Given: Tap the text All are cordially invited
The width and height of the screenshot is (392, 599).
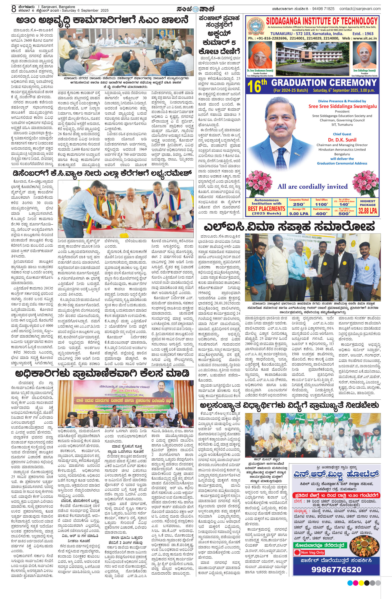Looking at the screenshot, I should click(313, 187).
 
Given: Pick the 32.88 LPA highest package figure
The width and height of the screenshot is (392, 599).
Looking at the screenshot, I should click(367, 211).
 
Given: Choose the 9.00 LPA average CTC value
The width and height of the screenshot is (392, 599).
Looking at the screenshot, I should click(299, 213).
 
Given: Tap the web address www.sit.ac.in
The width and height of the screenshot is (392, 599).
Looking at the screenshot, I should click(364, 38).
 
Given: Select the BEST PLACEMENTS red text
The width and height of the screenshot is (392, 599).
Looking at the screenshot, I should click(266, 209).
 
